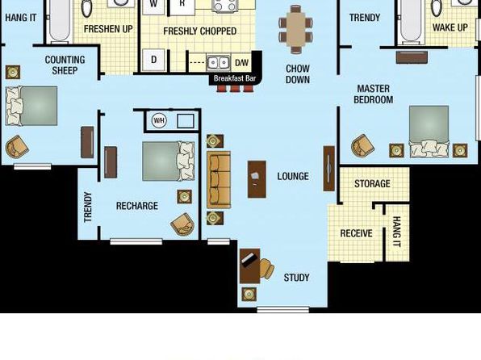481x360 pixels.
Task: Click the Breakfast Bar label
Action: [235, 78]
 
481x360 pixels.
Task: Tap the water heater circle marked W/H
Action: [159, 120]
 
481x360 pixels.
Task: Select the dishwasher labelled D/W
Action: [241, 63]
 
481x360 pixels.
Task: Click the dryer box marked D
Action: [153, 60]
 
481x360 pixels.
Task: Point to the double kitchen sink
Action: [219, 63]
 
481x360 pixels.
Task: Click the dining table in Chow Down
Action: [295, 29]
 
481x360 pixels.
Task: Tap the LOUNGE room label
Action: [293, 176]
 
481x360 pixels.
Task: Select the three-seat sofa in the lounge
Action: [219, 179]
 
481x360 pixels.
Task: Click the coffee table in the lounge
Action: [257, 179]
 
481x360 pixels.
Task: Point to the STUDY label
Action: [296, 278]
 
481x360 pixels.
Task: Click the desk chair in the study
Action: [267, 269]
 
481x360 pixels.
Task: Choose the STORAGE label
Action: [372, 184]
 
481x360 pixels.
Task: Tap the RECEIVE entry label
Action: [356, 233]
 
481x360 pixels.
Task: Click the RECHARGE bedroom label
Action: [137, 206]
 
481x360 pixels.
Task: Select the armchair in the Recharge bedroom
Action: [183, 224]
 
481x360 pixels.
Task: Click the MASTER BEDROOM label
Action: [374, 94]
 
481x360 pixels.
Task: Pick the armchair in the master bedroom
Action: [362, 146]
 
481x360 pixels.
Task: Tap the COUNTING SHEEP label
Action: [65, 65]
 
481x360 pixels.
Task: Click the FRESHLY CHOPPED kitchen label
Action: [199, 31]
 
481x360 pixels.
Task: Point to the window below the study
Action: [282, 310]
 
